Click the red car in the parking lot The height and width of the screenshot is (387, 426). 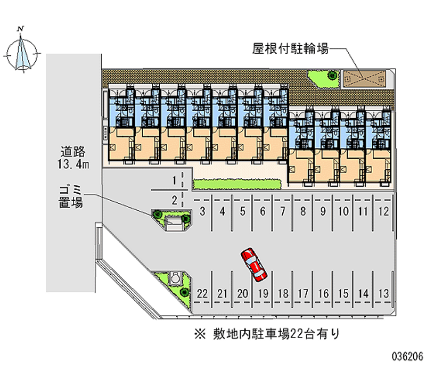click(x=254, y=264)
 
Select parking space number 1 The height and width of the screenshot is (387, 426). click(x=175, y=180)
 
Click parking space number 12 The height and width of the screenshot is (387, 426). click(x=384, y=211)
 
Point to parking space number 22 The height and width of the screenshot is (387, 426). click(x=202, y=293)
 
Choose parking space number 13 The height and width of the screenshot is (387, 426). click(x=384, y=293)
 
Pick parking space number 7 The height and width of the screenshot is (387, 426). click(x=283, y=211)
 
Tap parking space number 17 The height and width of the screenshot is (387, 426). click(x=303, y=293)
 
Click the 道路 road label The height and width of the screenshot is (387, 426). click(x=73, y=152)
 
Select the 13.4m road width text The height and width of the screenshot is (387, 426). click(x=73, y=164)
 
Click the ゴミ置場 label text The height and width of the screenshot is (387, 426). click(x=71, y=196)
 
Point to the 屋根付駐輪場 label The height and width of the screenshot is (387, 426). click(x=290, y=49)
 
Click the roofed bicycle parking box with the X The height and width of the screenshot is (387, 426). click(x=365, y=79)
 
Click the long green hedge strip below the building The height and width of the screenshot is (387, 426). click(x=236, y=184)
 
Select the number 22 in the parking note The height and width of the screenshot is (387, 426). click(x=297, y=334)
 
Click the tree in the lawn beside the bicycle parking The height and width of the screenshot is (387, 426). click(x=332, y=75)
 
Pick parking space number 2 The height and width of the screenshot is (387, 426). click(x=175, y=201)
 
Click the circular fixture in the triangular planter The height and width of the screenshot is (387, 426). click(x=175, y=278)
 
